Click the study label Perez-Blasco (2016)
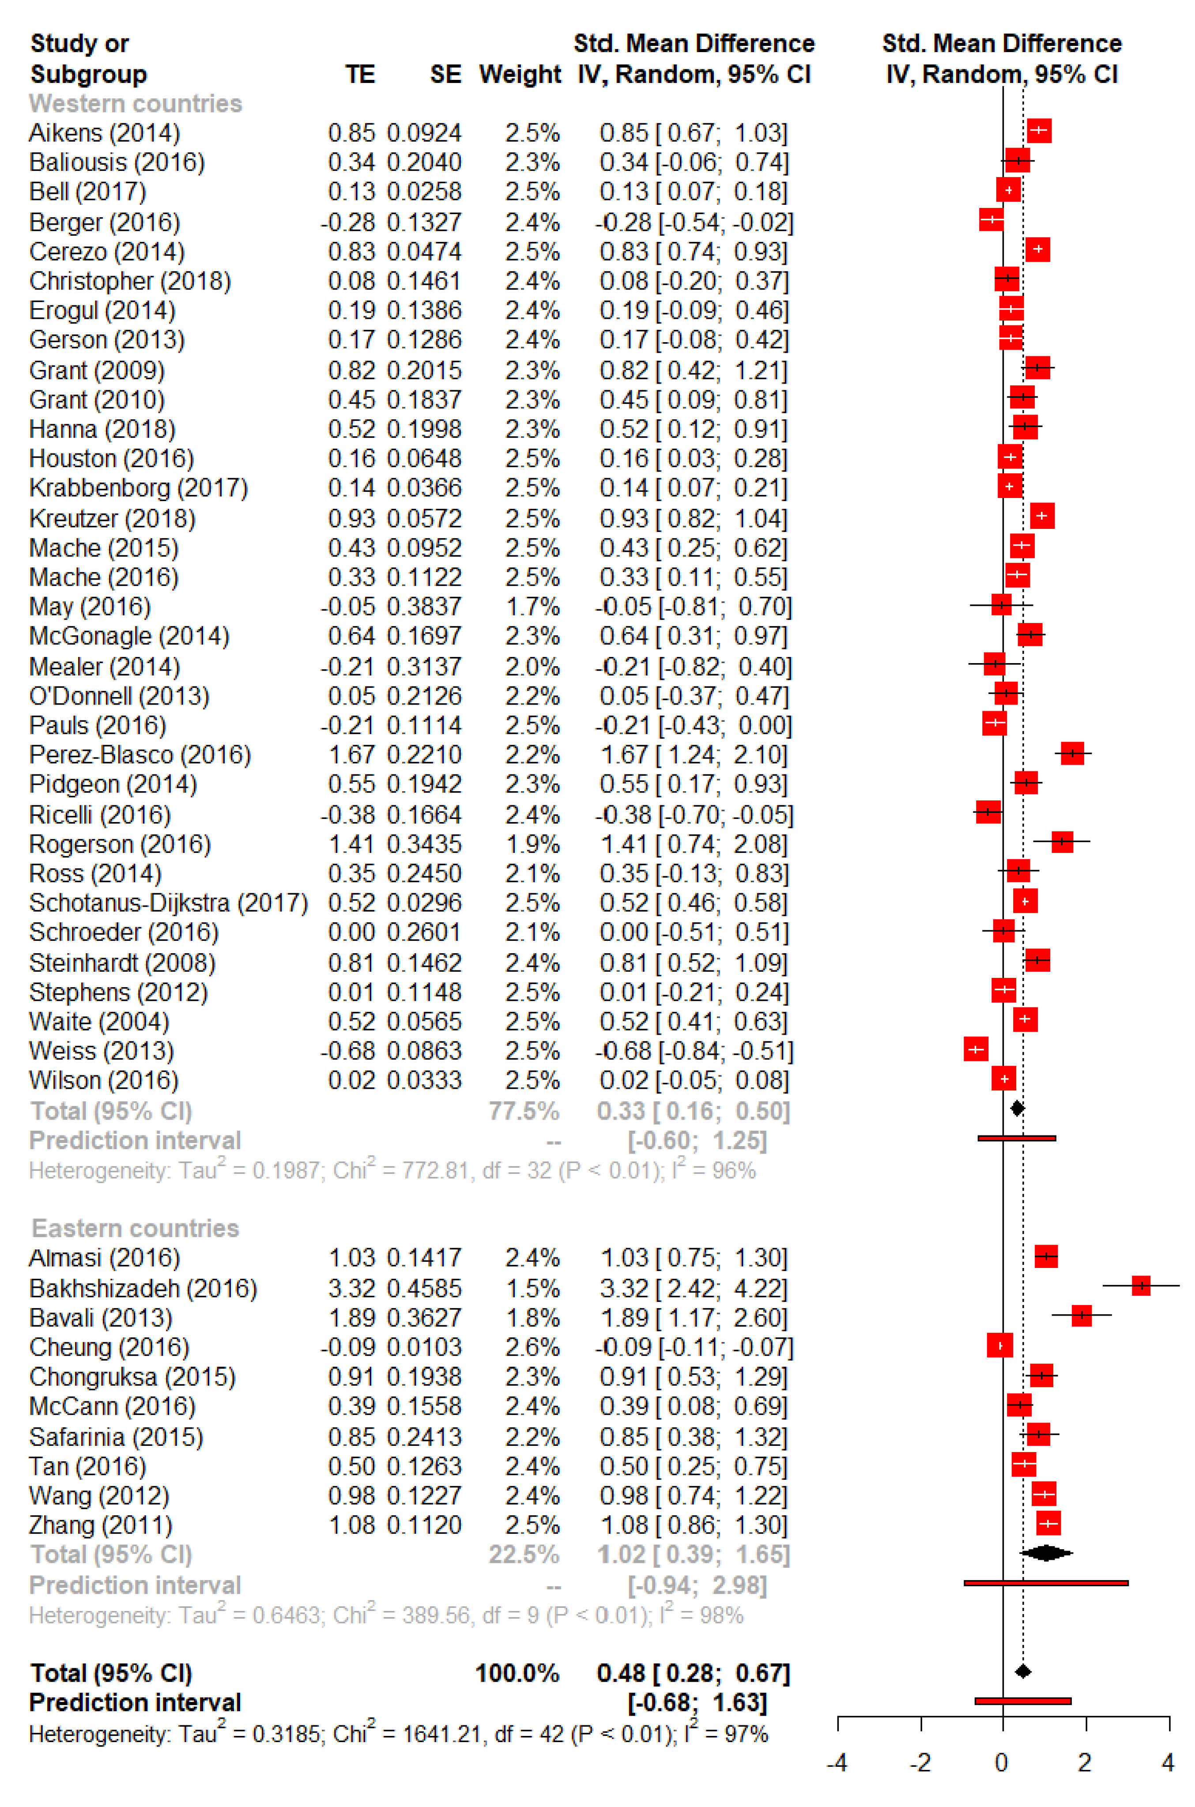pyautogui.click(x=140, y=754)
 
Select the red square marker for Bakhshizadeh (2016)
pyautogui.click(x=1140, y=1286)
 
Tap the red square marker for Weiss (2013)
pyautogui.click(x=976, y=1049)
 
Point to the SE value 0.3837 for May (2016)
pyautogui.click(x=424, y=607)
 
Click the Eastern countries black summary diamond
pyautogui.click(x=1046, y=1552)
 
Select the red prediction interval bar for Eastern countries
pyautogui.click(x=1046, y=1583)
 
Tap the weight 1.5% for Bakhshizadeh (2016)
pyautogui.click(x=533, y=1288)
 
